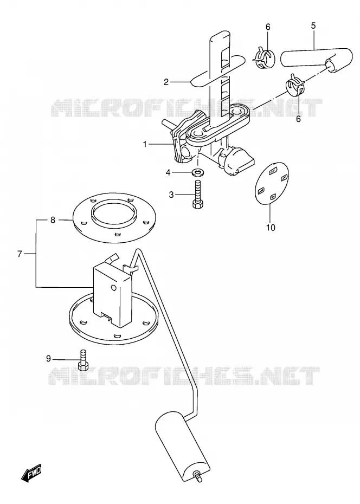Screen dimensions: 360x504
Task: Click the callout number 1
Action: coord(145,145)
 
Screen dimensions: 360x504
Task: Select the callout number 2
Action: coord(166,82)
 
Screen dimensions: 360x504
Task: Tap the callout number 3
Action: coord(171,195)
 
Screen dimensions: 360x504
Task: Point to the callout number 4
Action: coord(168,173)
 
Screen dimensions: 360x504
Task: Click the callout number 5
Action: coord(313,25)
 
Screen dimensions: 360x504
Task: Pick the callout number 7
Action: coord(20,254)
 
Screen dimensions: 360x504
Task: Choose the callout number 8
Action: coord(53,220)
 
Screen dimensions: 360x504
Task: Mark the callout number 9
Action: coord(49,358)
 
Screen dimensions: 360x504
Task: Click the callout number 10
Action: coord(271,228)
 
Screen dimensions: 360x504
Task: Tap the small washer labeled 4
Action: coord(197,172)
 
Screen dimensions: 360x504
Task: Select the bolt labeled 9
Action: coord(83,360)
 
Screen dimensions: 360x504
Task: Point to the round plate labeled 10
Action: coord(271,184)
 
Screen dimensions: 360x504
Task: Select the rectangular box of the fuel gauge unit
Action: coord(112,295)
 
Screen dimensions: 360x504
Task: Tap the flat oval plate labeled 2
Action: coord(218,70)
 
